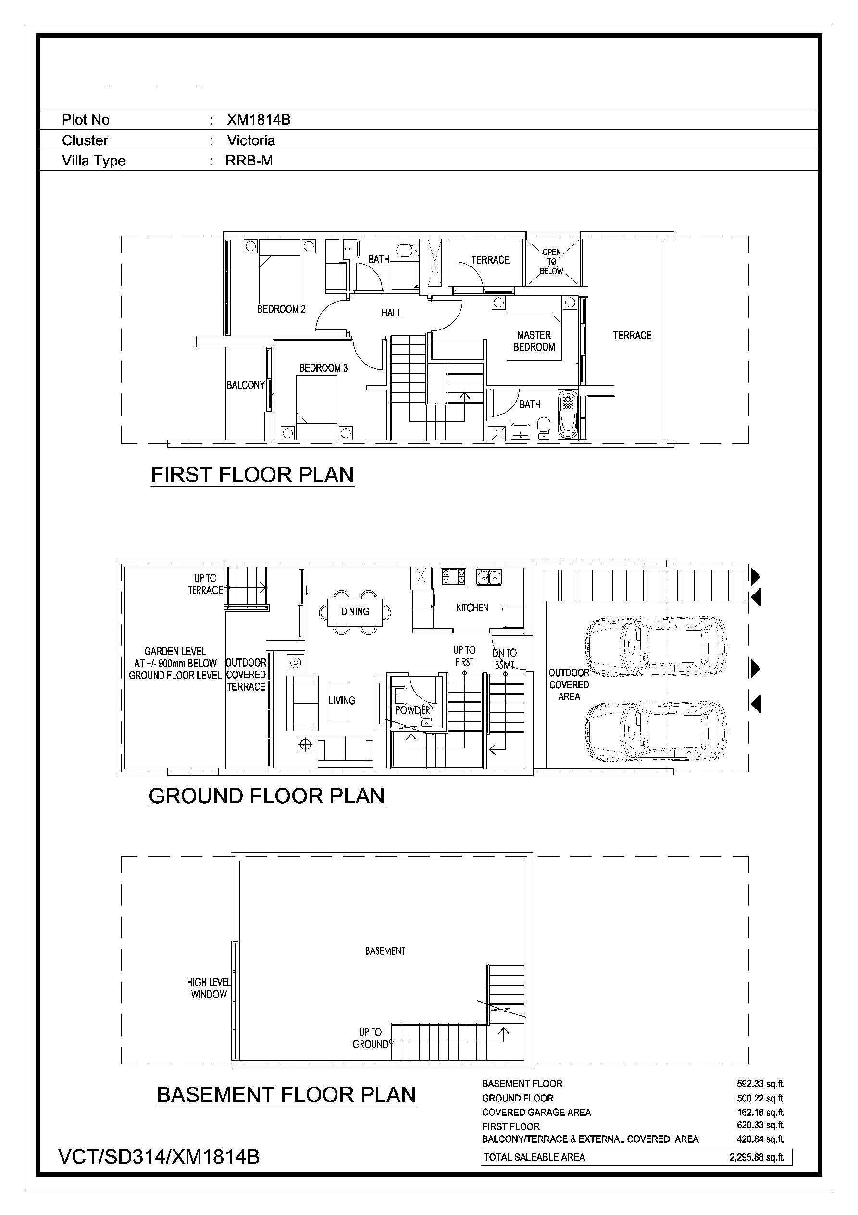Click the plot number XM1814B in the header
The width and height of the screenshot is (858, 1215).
click(x=259, y=120)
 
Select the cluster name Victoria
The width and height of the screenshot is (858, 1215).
click(x=251, y=140)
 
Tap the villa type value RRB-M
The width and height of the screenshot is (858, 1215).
click(x=249, y=160)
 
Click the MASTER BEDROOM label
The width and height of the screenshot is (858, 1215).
click(x=534, y=342)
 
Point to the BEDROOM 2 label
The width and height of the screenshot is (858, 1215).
click(x=281, y=309)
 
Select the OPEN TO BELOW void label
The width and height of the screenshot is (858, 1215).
click(x=551, y=261)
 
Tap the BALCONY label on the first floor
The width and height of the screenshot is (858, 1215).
click(x=246, y=385)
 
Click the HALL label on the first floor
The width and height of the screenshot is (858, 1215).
click(x=391, y=313)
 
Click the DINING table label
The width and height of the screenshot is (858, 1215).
click(x=355, y=612)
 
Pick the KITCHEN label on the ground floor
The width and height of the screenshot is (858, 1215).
click(x=473, y=608)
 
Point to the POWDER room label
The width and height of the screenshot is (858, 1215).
click(x=413, y=710)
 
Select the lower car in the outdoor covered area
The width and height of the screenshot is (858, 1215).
click(x=656, y=732)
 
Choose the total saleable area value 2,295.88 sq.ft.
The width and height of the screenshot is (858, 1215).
click(x=757, y=1157)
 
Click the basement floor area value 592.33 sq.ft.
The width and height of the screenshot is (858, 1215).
click(x=761, y=1084)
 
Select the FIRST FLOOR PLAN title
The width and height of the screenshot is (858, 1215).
click(x=252, y=475)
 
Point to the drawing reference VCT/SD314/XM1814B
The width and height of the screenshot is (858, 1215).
click(x=159, y=1157)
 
